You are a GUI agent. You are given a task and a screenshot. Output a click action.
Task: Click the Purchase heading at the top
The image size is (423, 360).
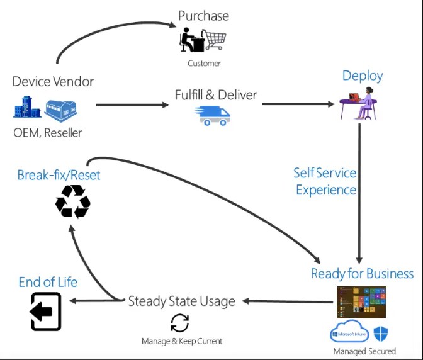tap(203, 15)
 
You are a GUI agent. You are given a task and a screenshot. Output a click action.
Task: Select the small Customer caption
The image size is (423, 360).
tap(204, 64)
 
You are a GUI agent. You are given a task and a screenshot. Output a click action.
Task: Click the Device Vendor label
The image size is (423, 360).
tap(53, 81)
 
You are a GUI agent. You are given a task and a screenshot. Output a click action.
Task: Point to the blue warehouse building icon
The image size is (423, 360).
tap(61, 109)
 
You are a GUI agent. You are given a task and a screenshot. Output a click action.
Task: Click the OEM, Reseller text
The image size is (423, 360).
tap(48, 132)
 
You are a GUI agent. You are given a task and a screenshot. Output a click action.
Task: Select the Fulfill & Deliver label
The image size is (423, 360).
tap(216, 95)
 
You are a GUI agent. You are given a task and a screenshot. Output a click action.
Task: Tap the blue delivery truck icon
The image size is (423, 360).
tap(213, 115)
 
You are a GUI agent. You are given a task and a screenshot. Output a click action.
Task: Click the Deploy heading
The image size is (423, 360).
tap(363, 76)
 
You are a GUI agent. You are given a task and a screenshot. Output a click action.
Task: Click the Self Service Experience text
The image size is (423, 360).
tap(325, 181)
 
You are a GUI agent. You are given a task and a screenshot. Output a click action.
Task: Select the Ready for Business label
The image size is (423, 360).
tap(362, 274)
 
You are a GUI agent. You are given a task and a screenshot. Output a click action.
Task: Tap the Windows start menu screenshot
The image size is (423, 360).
tap(361, 302)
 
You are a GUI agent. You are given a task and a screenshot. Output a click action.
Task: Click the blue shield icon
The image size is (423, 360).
tap(381, 333)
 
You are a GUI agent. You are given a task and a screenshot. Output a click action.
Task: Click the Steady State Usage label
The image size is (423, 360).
tap(181, 301)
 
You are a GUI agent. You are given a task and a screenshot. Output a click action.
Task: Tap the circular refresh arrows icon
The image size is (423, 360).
tap(180, 323)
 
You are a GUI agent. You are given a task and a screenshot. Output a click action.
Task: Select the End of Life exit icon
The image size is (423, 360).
tap(46, 312)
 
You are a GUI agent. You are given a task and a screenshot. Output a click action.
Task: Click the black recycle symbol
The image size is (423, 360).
tap(73, 201)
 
